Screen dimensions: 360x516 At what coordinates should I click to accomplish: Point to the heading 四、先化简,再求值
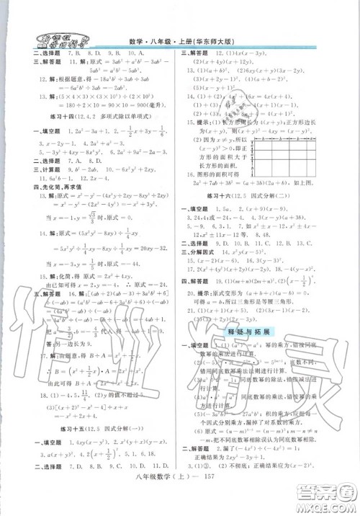point(50,210)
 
